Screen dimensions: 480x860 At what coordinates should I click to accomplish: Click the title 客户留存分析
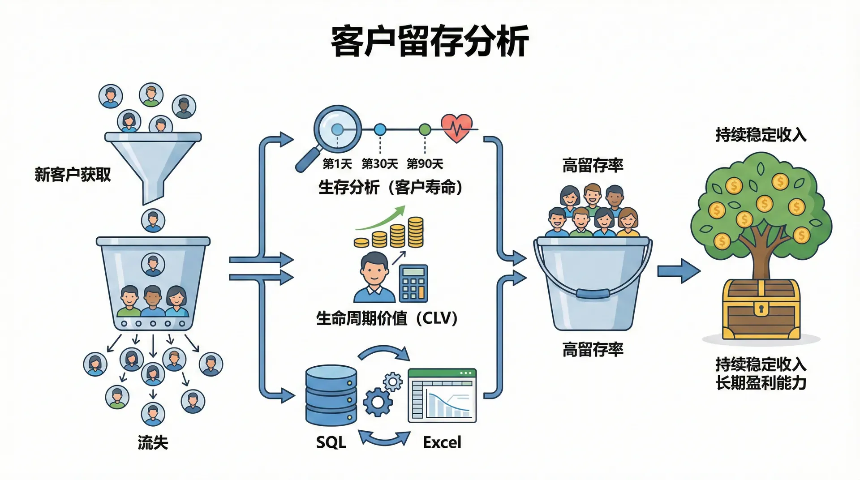pyautogui.click(x=430, y=41)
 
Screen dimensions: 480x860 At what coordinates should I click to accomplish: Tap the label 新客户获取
pyautogui.click(x=73, y=175)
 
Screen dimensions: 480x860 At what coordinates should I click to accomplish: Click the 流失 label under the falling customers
pyautogui.click(x=153, y=442)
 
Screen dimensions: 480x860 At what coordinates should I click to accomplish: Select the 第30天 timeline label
pyautogui.click(x=379, y=164)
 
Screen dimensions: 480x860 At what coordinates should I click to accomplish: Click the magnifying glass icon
pyautogui.click(x=331, y=134)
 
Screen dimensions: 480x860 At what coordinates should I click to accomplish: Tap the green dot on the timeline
pyautogui.click(x=425, y=130)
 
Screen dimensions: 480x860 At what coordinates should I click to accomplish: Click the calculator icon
pyautogui.click(x=413, y=283)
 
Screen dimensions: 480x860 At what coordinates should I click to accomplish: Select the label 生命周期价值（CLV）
pyautogui.click(x=387, y=318)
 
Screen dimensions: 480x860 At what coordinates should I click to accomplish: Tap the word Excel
pyautogui.click(x=442, y=442)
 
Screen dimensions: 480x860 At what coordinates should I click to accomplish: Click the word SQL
pyautogui.click(x=331, y=442)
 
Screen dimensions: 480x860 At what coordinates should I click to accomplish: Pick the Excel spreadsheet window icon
pyautogui.click(x=442, y=396)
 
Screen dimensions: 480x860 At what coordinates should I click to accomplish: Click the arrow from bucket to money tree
pyautogui.click(x=678, y=271)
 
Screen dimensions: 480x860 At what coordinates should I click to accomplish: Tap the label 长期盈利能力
pyautogui.click(x=761, y=383)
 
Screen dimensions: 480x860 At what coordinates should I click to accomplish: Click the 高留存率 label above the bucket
pyautogui.click(x=593, y=166)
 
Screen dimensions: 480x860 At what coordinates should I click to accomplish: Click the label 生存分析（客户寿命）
pyautogui.click(x=390, y=187)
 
